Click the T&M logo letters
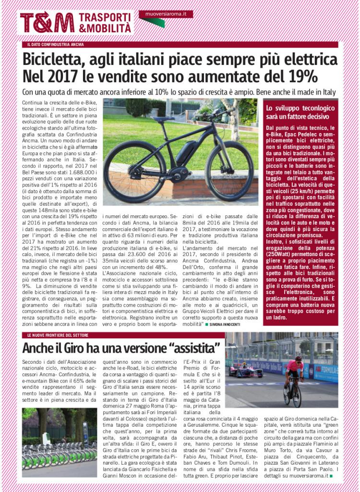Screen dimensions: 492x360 [x=47, y=23]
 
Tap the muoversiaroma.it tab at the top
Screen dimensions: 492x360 [x=166, y=14]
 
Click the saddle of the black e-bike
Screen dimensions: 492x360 [x=164, y=119]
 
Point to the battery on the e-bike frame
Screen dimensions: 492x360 [x=187, y=153]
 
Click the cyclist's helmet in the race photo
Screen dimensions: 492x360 [x=298, y=359]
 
